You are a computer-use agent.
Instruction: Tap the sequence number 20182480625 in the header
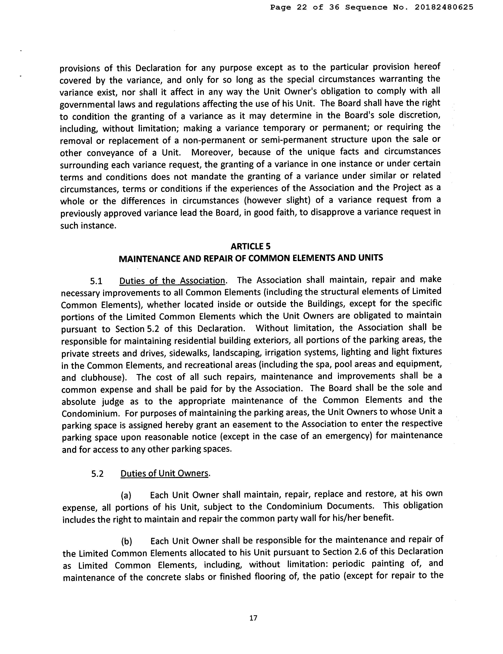pos(444,7)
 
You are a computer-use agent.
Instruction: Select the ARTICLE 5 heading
pos(251,246)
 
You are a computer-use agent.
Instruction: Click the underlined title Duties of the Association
pos(172,281)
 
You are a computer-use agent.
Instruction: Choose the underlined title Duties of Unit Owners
pos(164,473)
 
